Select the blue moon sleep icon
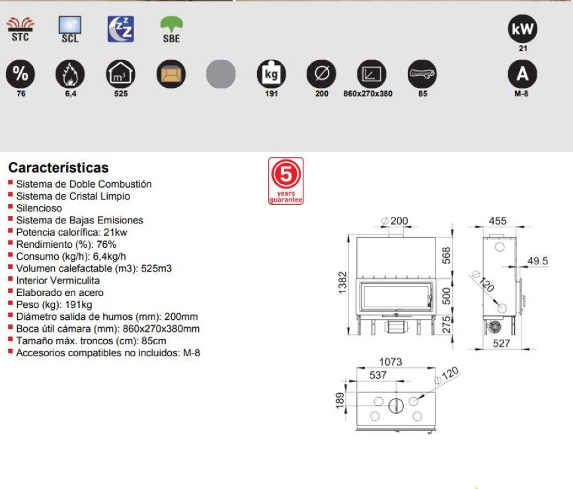point(120,29)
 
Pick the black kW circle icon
point(523,29)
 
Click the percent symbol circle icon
point(20,74)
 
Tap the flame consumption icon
point(70,74)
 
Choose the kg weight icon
point(272,74)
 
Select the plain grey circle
point(221,74)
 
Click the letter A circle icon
point(523,74)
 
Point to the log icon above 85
point(422,74)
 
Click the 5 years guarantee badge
point(286,181)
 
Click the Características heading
point(58,168)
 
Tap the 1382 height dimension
point(342,282)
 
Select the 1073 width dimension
point(391,362)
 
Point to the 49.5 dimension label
point(537,261)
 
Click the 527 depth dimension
point(501,343)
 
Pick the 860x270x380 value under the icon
point(367,94)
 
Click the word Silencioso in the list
point(39,208)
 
